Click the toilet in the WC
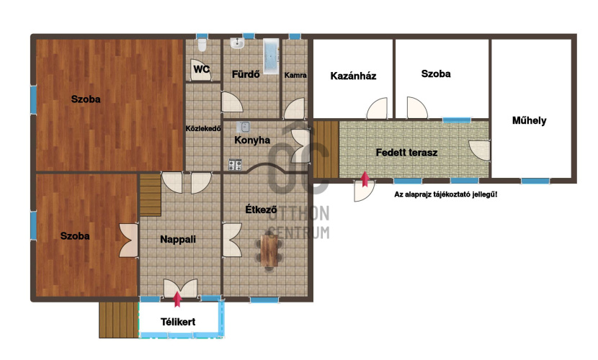click(202, 45)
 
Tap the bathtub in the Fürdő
click(271, 56)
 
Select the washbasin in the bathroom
click(237, 43)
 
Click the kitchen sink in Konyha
click(243, 127)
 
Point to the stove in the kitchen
click(235, 165)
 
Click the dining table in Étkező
click(269, 251)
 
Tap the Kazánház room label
click(353, 76)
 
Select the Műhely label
click(529, 121)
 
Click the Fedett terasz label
click(406, 153)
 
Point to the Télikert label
click(178, 322)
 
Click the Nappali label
click(178, 239)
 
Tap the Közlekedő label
click(203, 129)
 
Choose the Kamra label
click(295, 76)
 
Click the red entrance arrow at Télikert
click(177, 299)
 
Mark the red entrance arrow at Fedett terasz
click(365, 179)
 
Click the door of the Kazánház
click(377, 108)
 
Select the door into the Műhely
click(479, 150)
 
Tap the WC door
click(200, 70)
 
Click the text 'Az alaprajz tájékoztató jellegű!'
click(445, 194)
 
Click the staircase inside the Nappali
click(151, 195)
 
